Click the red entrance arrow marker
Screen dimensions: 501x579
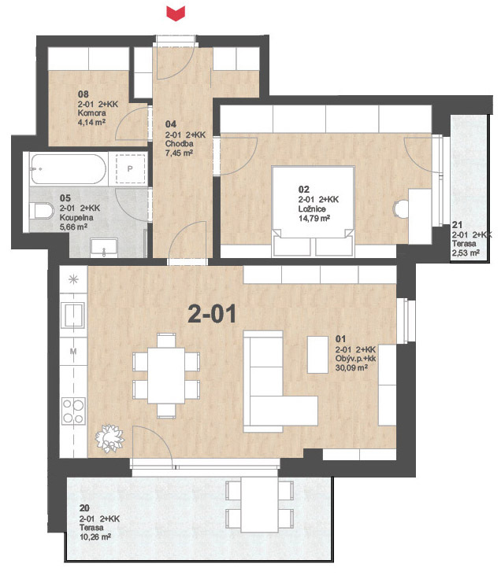(x=176, y=13)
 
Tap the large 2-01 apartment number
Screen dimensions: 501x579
(x=212, y=314)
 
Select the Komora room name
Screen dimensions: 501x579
(x=91, y=113)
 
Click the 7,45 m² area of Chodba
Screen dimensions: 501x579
(x=179, y=153)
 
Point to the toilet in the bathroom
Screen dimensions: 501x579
(x=42, y=211)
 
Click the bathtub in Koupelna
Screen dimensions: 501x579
(x=69, y=169)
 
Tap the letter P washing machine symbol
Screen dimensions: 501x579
(x=130, y=169)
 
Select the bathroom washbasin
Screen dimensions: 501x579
(x=104, y=248)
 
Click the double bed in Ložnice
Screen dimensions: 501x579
(x=314, y=211)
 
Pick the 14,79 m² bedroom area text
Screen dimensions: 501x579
(x=314, y=218)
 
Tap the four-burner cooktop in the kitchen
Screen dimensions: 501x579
(x=73, y=410)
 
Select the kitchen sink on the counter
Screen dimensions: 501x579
(x=74, y=315)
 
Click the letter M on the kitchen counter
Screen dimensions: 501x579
(x=73, y=351)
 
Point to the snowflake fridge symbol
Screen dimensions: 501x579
(x=73, y=279)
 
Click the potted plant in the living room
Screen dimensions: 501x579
(x=109, y=438)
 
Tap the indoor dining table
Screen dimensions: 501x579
(x=166, y=375)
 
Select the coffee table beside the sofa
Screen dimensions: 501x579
(x=318, y=354)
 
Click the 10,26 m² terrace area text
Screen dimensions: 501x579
(x=95, y=537)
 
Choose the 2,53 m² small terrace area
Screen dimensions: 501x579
(x=466, y=253)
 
